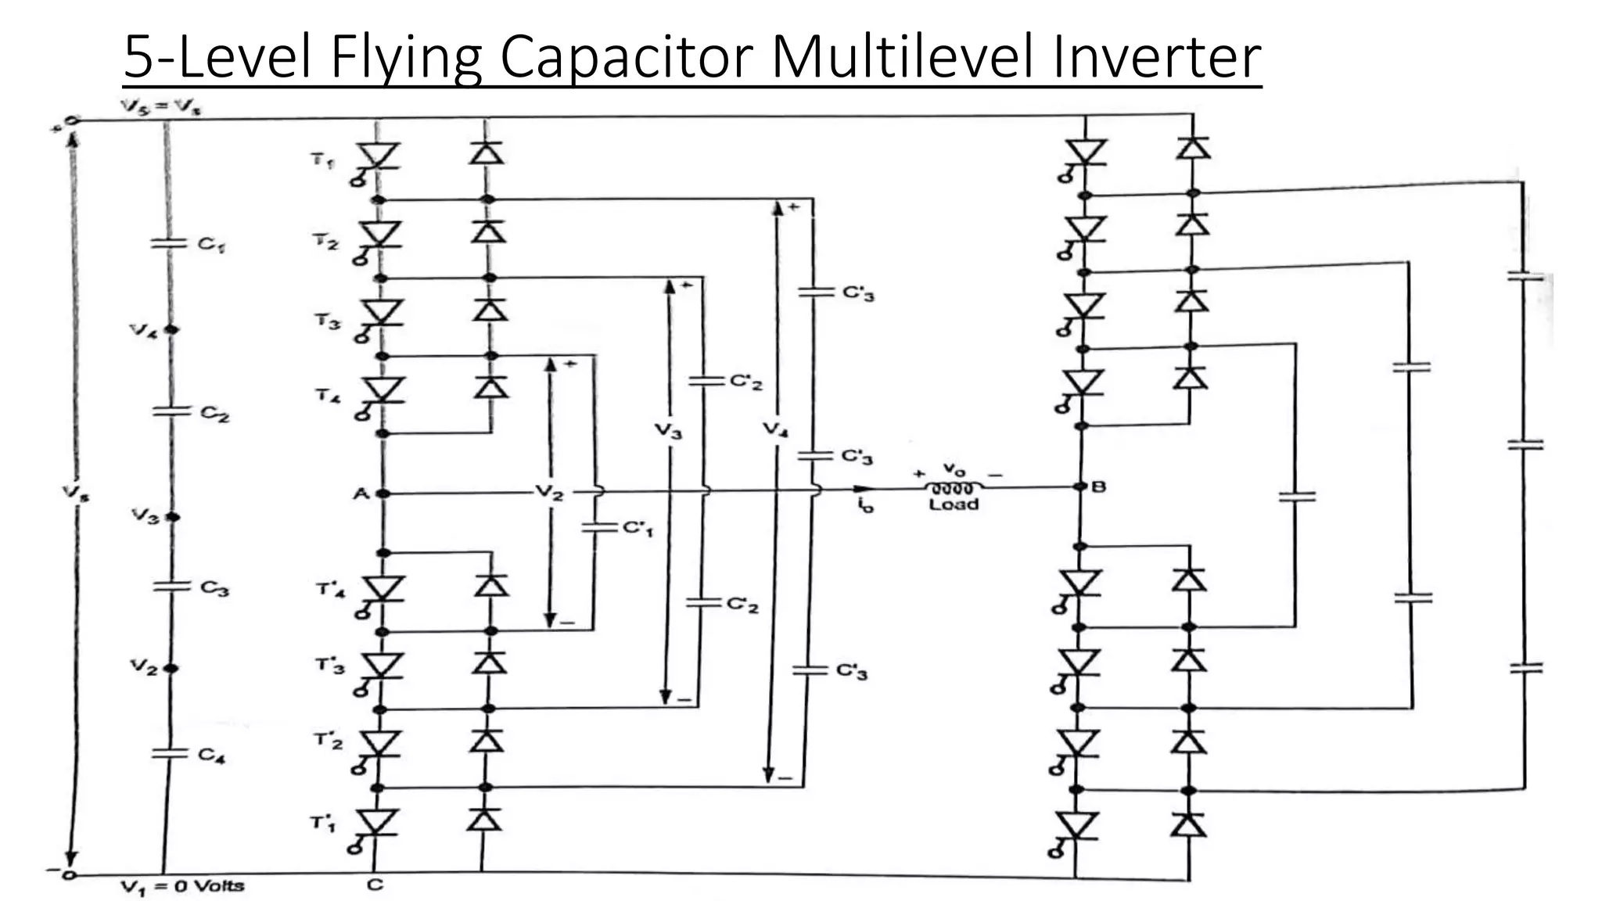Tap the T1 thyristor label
click(x=323, y=161)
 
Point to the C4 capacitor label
click(x=211, y=755)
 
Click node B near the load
click(x=1081, y=486)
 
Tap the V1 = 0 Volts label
click(x=182, y=886)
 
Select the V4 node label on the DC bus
click(x=144, y=331)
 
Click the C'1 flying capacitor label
click(x=638, y=529)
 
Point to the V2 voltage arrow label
click(x=549, y=493)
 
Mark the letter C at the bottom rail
click(x=375, y=885)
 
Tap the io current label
click(x=864, y=506)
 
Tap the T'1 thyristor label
click(x=323, y=823)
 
